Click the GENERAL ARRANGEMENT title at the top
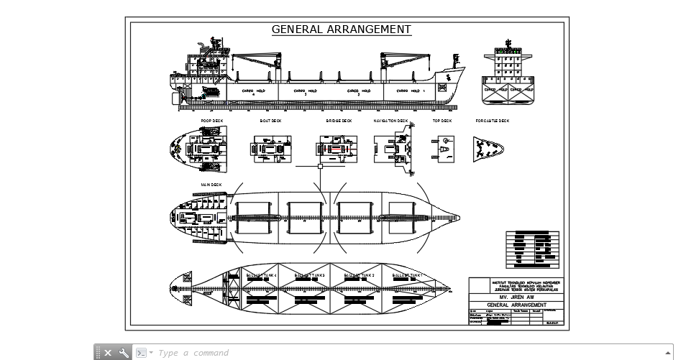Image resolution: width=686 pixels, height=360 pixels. point(342,29)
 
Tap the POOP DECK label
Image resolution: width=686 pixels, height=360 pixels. point(212,121)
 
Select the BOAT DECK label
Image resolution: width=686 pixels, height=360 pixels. point(270,121)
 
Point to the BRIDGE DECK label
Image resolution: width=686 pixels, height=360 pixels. point(339,121)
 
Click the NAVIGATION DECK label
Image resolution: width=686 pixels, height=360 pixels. point(390,121)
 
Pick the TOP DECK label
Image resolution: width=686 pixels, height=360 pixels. point(442,121)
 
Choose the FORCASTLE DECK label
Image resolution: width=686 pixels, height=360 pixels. point(493,121)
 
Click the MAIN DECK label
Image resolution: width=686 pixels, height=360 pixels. point(211,185)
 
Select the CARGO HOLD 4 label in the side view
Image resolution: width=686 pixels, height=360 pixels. point(253,91)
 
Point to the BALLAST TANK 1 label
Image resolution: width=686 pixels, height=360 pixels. point(407,275)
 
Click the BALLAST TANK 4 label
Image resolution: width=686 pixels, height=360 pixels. point(261,275)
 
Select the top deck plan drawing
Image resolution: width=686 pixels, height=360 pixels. point(443,147)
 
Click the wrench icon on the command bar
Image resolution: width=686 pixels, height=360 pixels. point(124,353)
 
